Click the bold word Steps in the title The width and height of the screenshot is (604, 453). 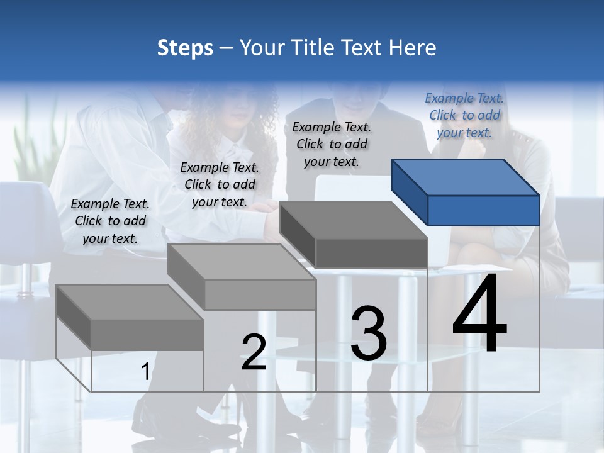185,48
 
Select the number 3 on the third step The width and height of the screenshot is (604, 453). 369,333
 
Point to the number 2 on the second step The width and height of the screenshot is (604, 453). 254,352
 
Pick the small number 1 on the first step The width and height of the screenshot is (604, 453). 145,372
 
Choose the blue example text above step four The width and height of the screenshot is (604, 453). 464,115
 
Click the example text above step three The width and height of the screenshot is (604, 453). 332,144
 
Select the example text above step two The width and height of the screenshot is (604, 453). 220,184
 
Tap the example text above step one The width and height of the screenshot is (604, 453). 110,221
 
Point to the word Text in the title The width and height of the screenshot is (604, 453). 364,48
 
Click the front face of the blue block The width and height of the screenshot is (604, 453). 483,210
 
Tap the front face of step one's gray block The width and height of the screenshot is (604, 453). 147,335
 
